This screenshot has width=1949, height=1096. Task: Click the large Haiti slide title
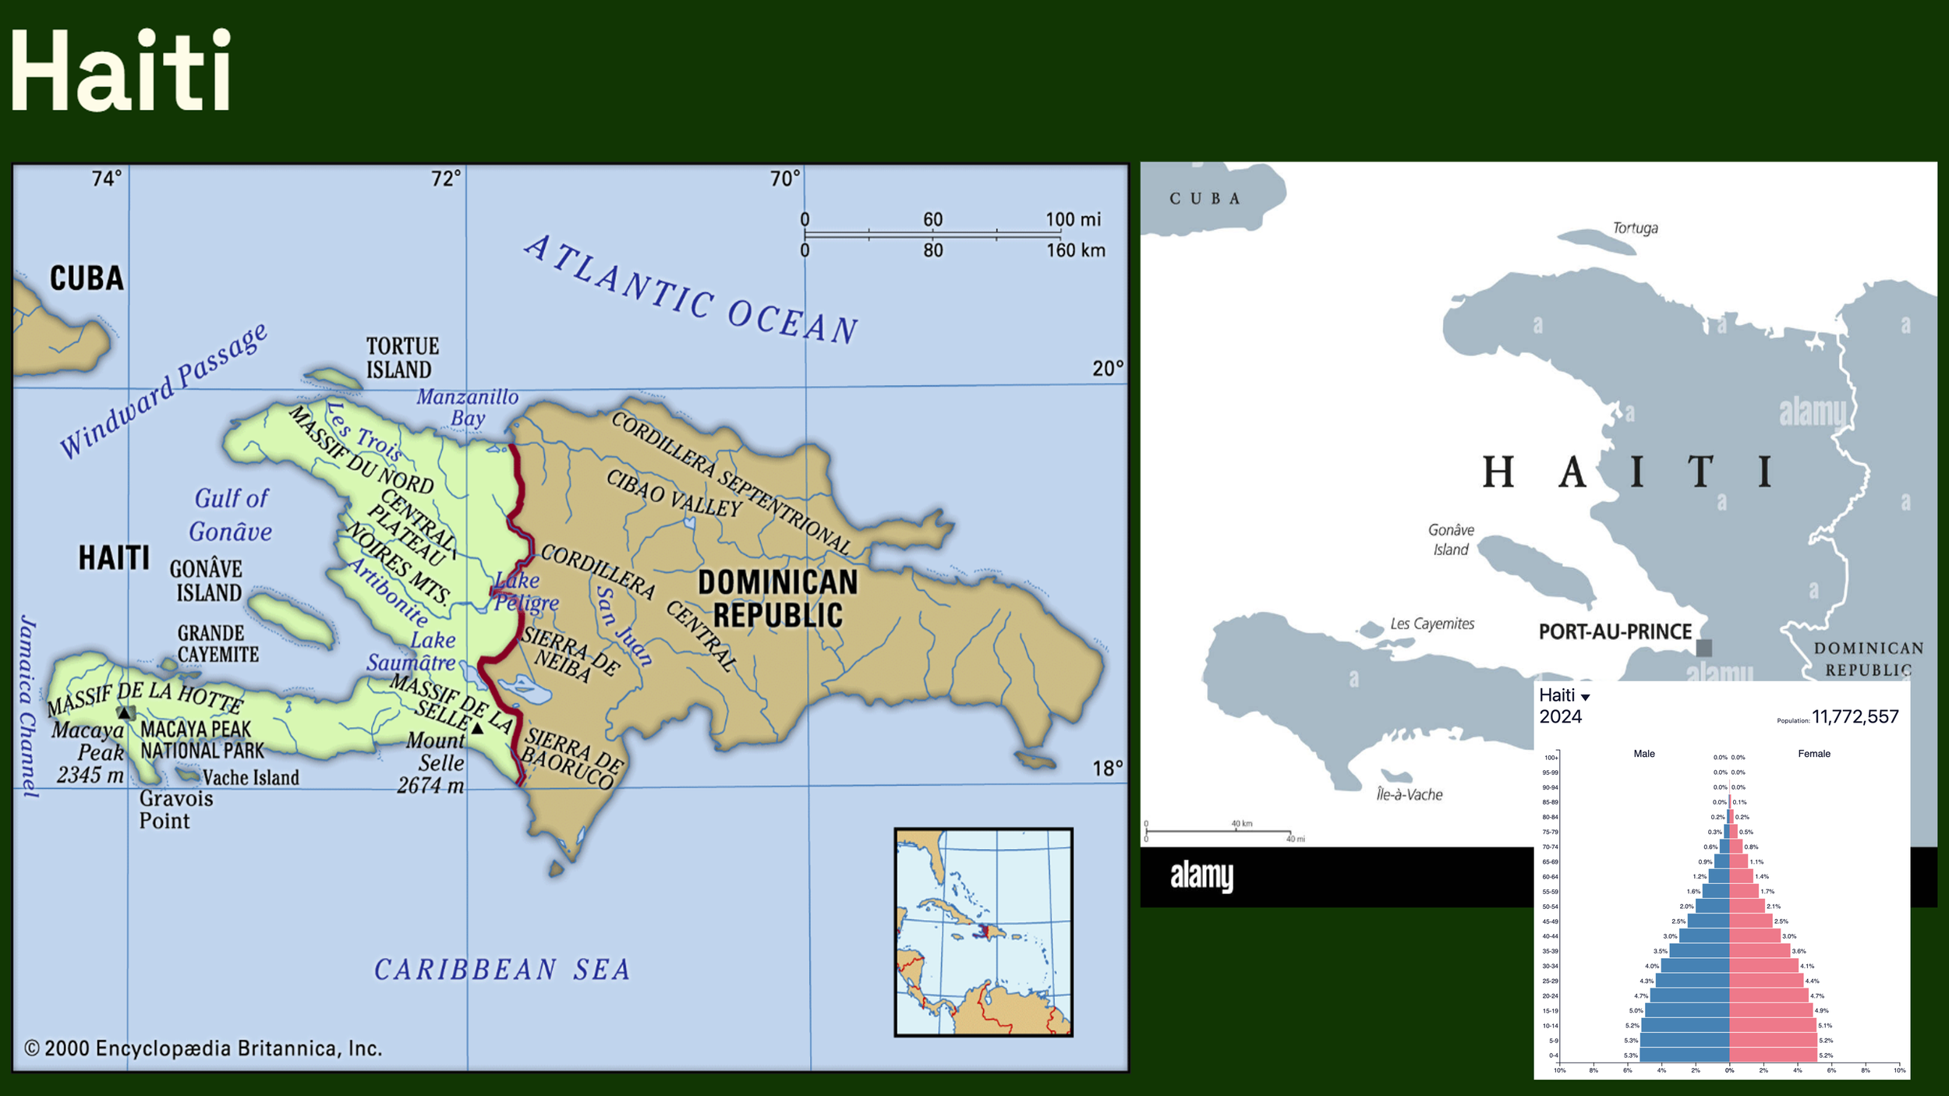121,70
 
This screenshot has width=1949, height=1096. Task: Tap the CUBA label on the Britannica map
87,278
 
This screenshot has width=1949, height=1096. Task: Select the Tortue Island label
402,358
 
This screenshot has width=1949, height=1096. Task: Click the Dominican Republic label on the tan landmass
777,599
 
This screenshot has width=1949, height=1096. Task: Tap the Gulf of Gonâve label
231,515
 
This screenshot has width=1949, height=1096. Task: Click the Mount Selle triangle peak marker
477,729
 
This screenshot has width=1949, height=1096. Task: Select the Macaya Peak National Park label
201,740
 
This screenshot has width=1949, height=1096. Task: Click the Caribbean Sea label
502,970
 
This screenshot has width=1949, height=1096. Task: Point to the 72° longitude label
446,179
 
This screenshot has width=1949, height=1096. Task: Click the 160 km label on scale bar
1075,250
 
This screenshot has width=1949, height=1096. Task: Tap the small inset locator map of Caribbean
983,932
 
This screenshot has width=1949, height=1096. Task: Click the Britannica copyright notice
203,1048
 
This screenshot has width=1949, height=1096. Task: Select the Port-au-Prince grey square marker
1704,647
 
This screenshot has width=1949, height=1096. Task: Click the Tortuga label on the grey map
1635,228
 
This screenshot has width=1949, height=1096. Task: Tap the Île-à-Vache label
1409,794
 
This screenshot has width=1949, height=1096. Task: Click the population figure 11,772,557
1855,716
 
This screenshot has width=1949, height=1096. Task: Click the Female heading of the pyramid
1813,753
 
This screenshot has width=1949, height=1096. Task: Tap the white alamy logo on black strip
1201,875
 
